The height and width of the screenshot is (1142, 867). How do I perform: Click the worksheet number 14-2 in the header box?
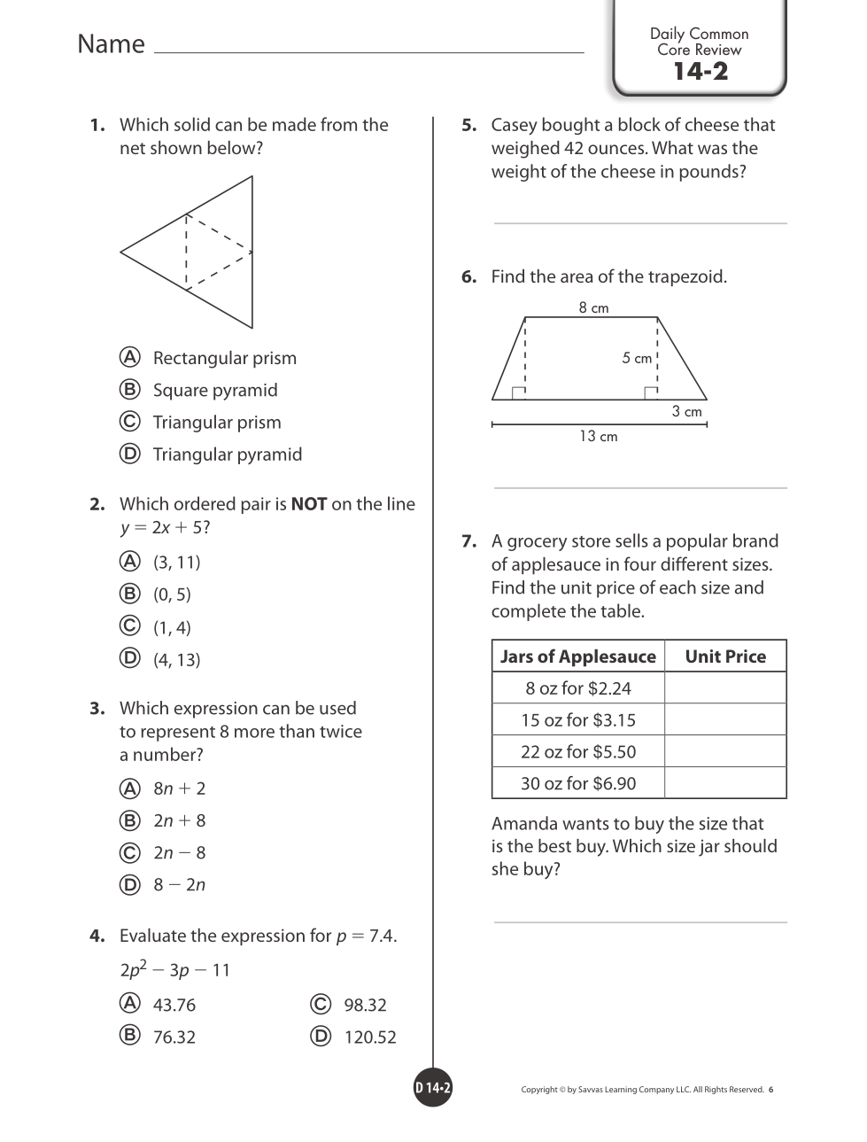coord(700,72)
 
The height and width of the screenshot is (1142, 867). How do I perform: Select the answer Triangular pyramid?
coord(227,454)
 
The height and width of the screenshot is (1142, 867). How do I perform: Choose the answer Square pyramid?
coord(215,391)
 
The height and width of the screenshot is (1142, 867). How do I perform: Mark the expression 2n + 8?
coord(179,821)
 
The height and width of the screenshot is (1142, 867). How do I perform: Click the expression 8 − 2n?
coord(179,885)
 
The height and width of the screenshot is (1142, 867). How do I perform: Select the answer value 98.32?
coord(365,1006)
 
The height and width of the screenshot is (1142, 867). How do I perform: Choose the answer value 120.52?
coord(370,1037)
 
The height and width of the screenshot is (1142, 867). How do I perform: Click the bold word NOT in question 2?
coord(309,504)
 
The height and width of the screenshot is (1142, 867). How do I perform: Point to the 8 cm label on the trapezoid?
coord(593,308)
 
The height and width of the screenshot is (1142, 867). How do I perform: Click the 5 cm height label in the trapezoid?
coord(637,358)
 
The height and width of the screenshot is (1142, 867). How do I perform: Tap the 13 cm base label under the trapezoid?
coord(599,437)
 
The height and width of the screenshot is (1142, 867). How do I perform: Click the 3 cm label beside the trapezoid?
coord(686,412)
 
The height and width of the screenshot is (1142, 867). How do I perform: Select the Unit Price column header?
coord(725,656)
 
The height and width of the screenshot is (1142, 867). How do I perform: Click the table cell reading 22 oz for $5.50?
coord(578,752)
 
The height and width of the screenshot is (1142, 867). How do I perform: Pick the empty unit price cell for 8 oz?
coord(725,688)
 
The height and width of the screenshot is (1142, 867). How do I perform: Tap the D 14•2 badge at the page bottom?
coord(433,1089)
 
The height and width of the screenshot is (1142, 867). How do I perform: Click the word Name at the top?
coord(111,44)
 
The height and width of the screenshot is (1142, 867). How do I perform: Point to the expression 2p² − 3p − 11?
coord(174,970)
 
